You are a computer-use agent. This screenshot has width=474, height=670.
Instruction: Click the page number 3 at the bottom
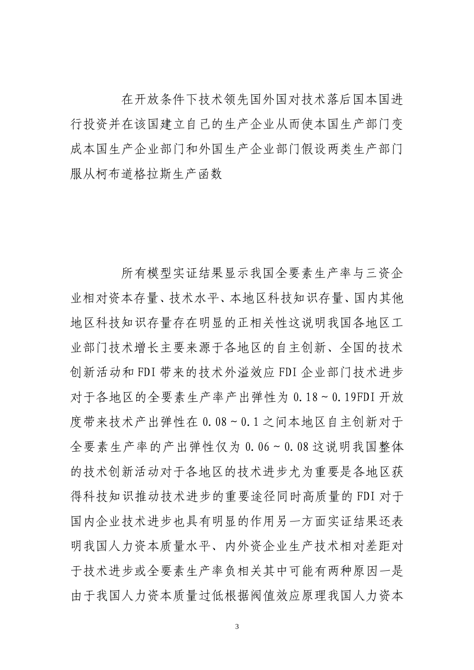237,626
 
